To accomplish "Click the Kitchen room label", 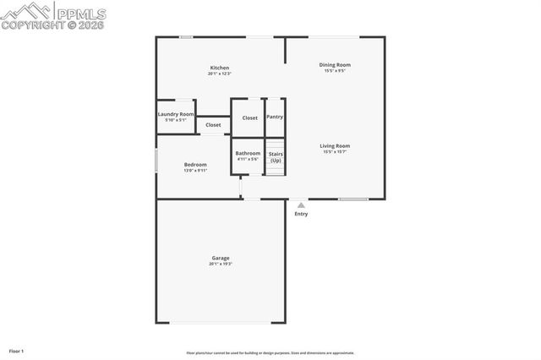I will tap(220, 68).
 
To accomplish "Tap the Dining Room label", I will tap(335, 65).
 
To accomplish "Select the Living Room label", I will tap(335, 145).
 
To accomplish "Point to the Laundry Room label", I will tap(176, 114).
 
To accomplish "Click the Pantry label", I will tap(275, 117).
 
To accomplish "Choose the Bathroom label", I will tap(248, 153).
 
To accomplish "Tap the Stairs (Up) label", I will tap(276, 156).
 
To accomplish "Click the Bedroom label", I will tap(195, 165).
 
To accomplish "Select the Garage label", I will tap(221, 258).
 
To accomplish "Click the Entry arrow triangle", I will tap(301, 205).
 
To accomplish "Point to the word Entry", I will tap(301, 214).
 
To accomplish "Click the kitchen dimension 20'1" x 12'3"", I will tap(220, 74).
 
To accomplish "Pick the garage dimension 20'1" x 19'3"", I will tap(221, 265).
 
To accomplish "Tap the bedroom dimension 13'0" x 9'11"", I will tap(195, 171).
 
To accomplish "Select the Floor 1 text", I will tap(17, 351).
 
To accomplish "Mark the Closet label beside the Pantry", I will tap(250, 118).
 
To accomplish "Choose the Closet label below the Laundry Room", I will tap(213, 125).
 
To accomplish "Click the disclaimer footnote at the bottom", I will tap(270, 353).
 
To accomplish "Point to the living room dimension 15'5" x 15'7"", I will tap(335, 152).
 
